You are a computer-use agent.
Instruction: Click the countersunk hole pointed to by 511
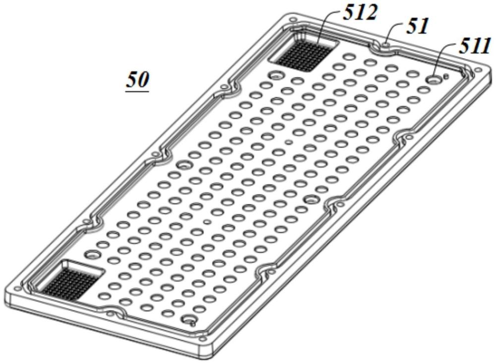[434, 79]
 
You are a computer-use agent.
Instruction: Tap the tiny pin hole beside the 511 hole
[446, 75]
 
